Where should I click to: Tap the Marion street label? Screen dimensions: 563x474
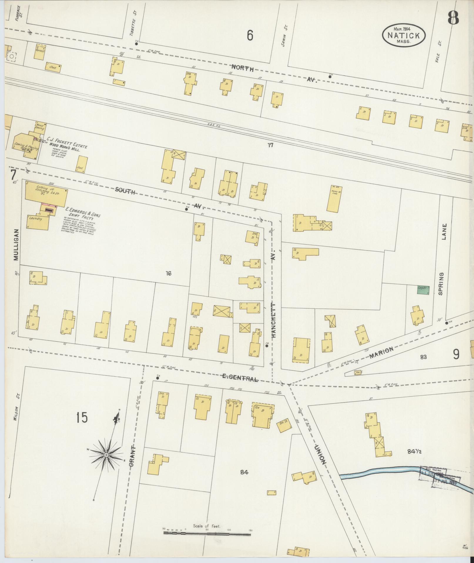click(x=381, y=352)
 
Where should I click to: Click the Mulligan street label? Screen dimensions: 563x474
click(x=16, y=245)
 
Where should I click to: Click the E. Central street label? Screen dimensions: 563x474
click(x=240, y=378)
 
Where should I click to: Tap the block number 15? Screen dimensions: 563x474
click(x=82, y=418)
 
